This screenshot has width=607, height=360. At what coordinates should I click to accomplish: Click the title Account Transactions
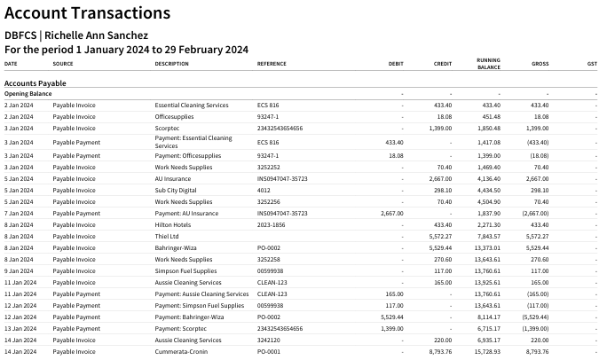pyautogui.click(x=88, y=13)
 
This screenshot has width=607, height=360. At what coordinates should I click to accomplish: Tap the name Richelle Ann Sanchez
pyautogui.click(x=96, y=35)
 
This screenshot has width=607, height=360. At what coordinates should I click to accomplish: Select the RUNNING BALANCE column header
pyautogui.click(x=489, y=64)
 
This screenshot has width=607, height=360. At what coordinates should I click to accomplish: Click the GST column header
pyautogui.click(x=592, y=64)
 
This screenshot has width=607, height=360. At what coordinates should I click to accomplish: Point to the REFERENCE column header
pyautogui.click(x=272, y=64)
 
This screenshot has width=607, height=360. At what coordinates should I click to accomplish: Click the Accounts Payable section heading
pyautogui.click(x=35, y=83)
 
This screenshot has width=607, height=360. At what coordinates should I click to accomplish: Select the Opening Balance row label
pyautogui.click(x=28, y=94)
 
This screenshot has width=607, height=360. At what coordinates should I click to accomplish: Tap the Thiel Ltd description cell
pyautogui.click(x=167, y=236)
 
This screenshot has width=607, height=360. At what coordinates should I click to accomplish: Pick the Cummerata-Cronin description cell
pyautogui.click(x=181, y=351)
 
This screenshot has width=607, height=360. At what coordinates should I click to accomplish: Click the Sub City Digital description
pyautogui.click(x=176, y=191)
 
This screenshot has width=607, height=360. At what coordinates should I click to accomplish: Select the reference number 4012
pyautogui.click(x=264, y=191)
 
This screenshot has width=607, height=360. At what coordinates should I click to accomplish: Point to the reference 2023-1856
pyautogui.click(x=271, y=224)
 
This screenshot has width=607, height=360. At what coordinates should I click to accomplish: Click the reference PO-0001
pyautogui.click(x=269, y=351)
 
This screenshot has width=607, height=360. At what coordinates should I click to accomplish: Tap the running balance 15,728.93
pyautogui.click(x=487, y=351)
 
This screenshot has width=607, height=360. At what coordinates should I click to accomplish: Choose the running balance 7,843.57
pyautogui.click(x=489, y=236)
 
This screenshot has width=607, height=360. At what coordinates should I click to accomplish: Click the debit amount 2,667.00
pyautogui.click(x=391, y=213)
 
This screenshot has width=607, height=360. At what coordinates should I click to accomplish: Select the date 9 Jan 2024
pyautogui.click(x=19, y=270)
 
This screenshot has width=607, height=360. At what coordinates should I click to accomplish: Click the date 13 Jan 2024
pyautogui.click(x=20, y=328)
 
